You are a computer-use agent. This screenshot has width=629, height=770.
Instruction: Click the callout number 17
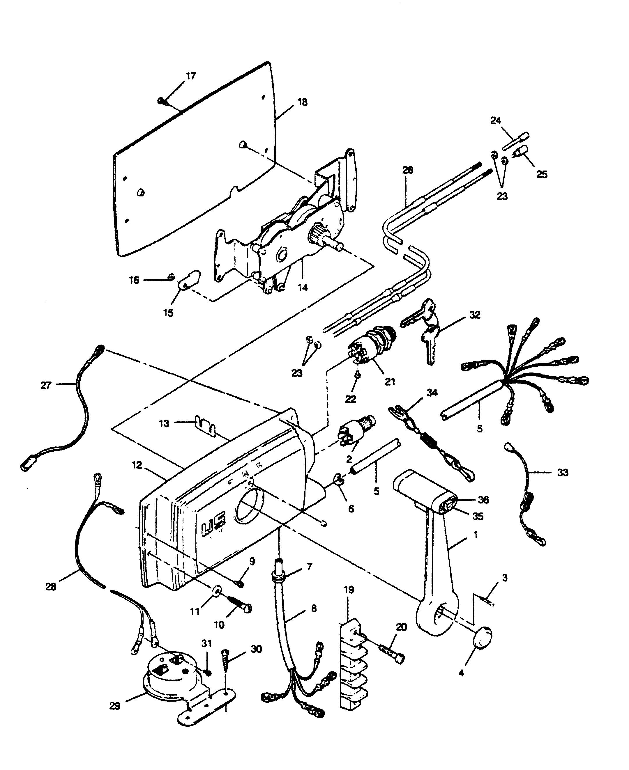pos(191,76)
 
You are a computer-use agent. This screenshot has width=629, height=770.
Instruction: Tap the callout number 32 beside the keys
pos(474,315)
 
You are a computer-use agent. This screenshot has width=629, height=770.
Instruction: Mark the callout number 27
pos(46,386)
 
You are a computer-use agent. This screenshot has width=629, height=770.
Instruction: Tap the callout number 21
pos(390,382)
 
